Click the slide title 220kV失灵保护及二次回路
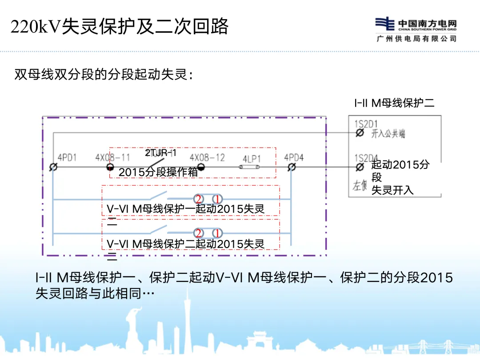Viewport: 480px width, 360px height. click(119, 27)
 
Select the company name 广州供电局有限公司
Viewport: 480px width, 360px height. click(416, 39)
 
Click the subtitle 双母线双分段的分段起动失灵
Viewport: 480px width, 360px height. click(104, 74)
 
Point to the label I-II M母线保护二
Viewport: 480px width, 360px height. click(394, 103)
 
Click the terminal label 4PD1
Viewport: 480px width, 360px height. click(67, 157)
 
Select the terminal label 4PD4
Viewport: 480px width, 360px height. click(294, 157)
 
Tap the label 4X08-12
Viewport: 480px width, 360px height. click(207, 157)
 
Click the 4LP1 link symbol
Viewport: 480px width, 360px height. click(252, 167)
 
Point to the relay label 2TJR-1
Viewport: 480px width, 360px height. click(160, 153)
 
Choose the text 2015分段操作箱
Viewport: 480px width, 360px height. click(158, 172)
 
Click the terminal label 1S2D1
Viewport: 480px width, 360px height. click(366, 124)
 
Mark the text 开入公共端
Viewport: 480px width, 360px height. click(388, 133)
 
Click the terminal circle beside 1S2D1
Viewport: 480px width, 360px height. click(360, 133)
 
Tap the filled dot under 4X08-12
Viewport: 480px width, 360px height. click(201, 167)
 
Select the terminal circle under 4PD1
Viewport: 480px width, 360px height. click(53, 167)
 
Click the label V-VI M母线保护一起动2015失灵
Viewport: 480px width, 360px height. click(186, 209)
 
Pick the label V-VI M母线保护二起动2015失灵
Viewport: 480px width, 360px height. click(186, 244)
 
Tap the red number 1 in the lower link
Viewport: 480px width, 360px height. click(217, 233)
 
